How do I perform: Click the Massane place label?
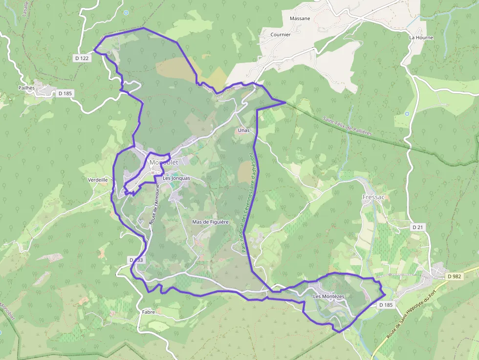[300, 19]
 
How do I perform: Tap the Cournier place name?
[281, 35]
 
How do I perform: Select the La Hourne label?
[421, 37]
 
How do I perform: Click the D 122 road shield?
[82, 58]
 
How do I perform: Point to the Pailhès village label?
[26, 87]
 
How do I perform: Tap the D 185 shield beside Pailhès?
[65, 93]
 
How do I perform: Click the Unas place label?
[243, 130]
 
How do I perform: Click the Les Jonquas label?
[176, 178]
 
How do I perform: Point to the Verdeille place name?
[98, 180]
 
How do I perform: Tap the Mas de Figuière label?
[211, 222]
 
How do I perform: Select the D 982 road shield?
[454, 276]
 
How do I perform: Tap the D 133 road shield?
[136, 260]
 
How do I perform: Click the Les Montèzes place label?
[328, 296]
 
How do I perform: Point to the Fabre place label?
[149, 312]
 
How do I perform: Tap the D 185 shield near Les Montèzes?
[386, 305]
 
